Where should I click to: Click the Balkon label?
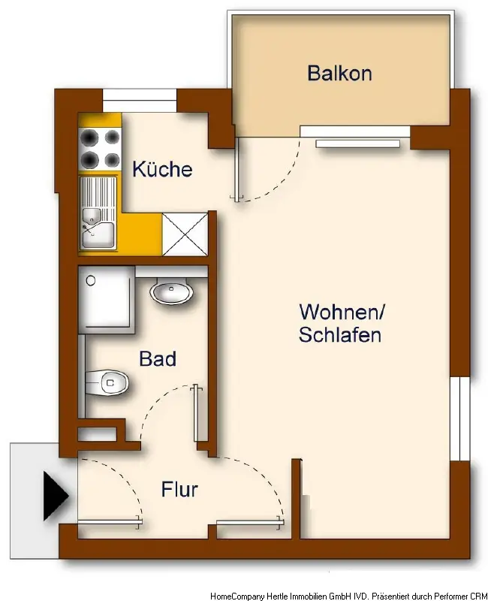tap(339, 73)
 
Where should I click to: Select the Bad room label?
tap(158, 359)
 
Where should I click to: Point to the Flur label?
tap(179, 489)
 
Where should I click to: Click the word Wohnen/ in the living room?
tap(342, 312)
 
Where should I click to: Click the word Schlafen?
tap(340, 334)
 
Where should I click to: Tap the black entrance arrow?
tap(56, 496)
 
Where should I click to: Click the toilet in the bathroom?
tap(107, 382)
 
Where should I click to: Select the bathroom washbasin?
tap(171, 292)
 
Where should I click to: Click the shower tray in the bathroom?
tap(107, 299)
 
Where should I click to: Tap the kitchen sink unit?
tap(98, 213)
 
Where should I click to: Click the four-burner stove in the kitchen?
tap(100, 148)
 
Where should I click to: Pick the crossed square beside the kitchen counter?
tap(185, 234)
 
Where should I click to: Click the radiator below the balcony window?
tap(358, 143)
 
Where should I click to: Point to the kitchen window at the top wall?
tap(140, 101)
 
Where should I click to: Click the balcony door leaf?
tap(239, 168)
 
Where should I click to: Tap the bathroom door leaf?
tap(197, 413)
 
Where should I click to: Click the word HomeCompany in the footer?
tap(237, 596)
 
